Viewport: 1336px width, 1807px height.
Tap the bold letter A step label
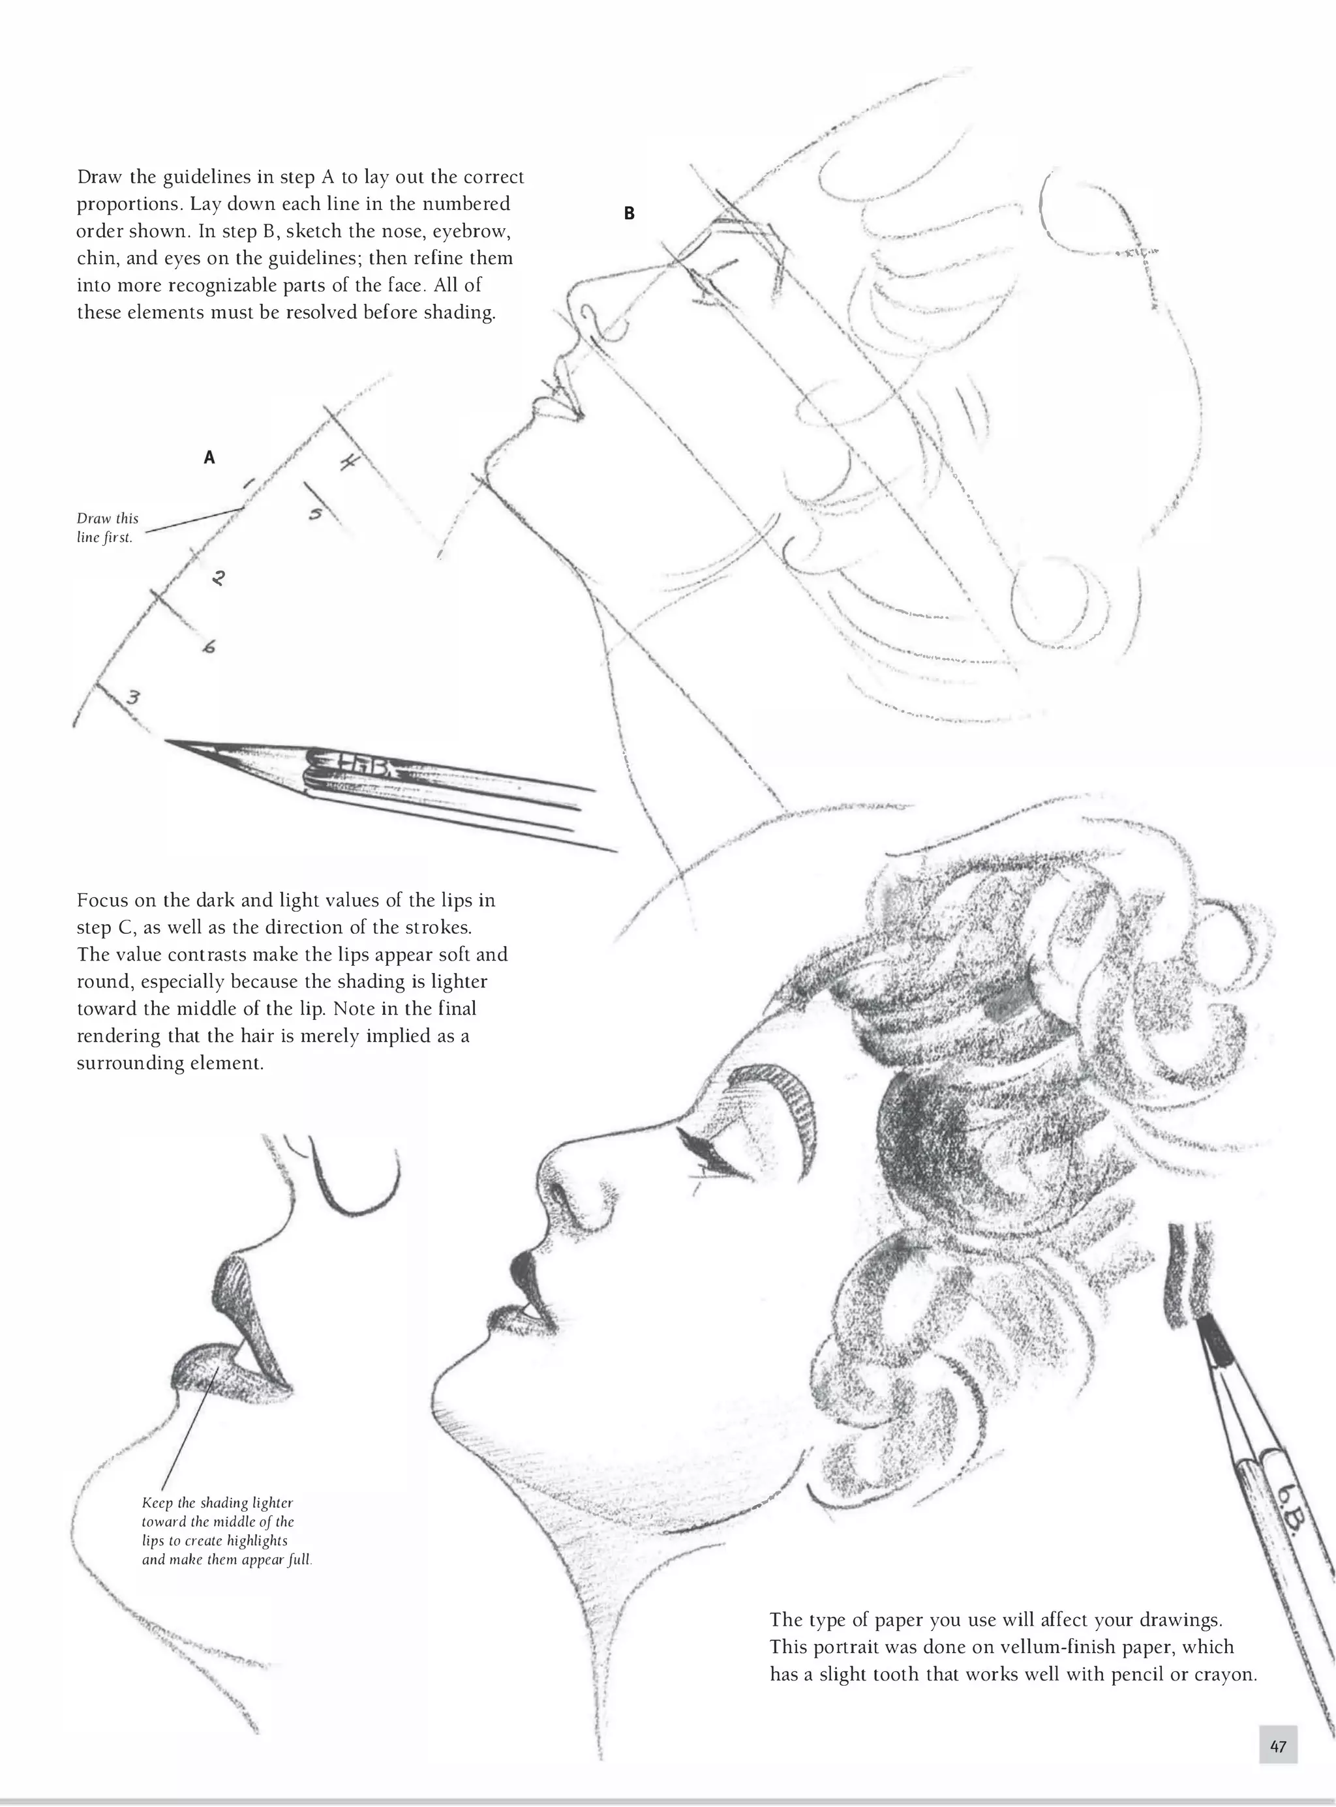coord(209,458)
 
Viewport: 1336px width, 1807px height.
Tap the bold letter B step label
coord(628,213)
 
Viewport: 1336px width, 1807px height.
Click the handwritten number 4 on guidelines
coord(350,464)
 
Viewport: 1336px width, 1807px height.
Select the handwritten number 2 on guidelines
coord(217,578)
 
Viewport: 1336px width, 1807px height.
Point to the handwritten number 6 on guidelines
coord(209,647)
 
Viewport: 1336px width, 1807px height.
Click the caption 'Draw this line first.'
coord(107,528)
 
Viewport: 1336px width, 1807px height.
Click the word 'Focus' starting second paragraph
coord(102,900)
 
